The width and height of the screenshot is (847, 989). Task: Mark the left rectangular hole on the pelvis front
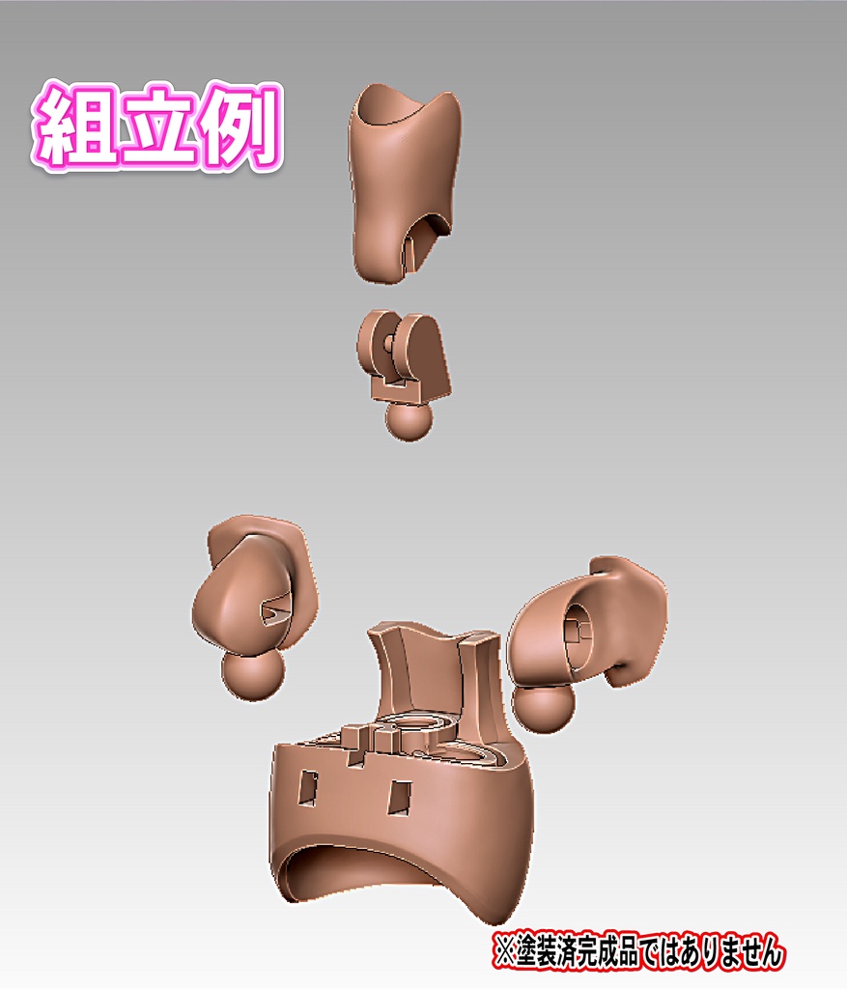[308, 788]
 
